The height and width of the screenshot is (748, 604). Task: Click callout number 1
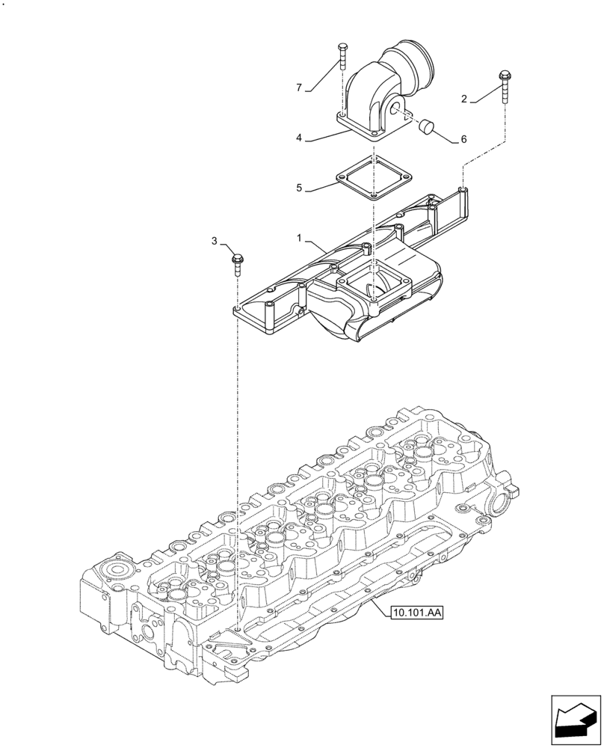[299, 238]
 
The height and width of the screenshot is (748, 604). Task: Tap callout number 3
[215, 241]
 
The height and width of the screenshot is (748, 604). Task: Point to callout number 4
[299, 138]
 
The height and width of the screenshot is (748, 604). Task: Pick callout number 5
[299, 188]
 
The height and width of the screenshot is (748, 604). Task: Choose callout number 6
[463, 139]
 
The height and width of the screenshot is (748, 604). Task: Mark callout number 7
[299, 88]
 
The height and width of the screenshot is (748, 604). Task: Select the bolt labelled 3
[235, 262]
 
